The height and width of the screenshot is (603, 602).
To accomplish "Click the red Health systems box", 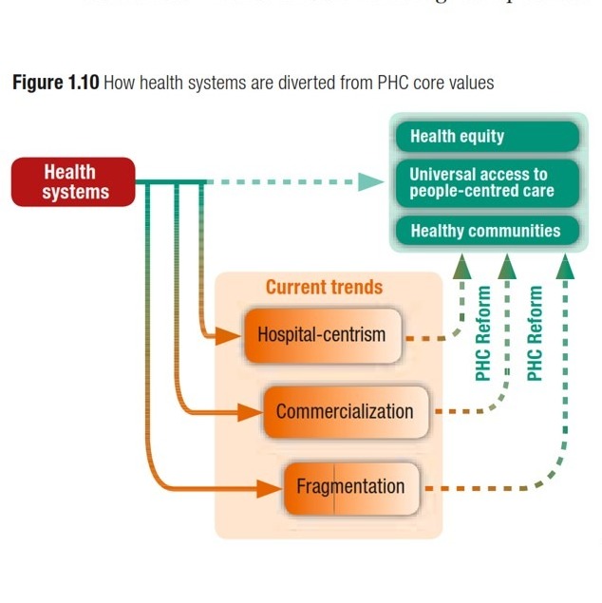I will (x=73, y=181).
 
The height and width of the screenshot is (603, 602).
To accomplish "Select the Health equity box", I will (x=487, y=137).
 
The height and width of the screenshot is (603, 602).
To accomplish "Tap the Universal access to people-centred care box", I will (x=487, y=182).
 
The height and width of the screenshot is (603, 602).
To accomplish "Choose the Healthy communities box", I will (x=487, y=231).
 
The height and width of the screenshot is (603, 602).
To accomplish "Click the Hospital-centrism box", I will (x=321, y=335).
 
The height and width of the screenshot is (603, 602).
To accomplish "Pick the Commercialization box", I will (x=345, y=411).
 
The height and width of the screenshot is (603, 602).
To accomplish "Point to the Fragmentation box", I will (x=350, y=487).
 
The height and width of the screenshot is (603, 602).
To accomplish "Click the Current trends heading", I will (x=324, y=287).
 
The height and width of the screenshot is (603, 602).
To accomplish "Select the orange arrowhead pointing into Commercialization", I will (x=251, y=411).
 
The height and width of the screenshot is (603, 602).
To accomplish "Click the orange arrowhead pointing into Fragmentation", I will (x=271, y=488).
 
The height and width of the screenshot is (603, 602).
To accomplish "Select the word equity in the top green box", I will (x=482, y=137).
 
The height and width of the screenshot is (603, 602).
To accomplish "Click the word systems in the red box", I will (x=75, y=192).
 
